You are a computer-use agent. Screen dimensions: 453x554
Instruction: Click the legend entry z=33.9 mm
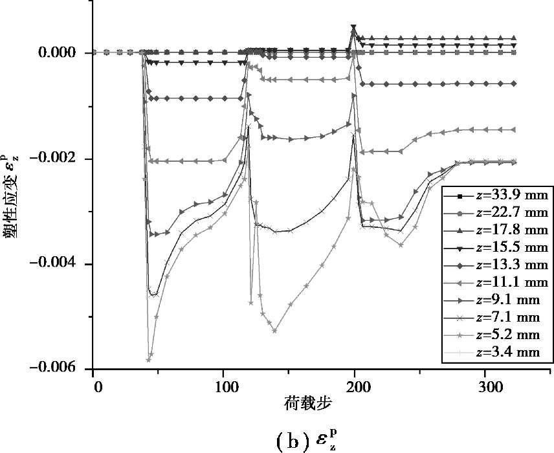511,195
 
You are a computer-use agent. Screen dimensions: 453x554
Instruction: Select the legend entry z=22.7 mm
511,212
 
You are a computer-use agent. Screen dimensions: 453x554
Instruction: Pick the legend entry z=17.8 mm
511,230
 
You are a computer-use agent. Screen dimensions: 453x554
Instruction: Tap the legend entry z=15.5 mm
511,247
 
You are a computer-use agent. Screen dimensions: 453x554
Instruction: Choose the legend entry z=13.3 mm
511,265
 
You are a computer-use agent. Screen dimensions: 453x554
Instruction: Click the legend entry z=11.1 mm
511,282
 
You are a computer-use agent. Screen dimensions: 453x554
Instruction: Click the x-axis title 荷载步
308,404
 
